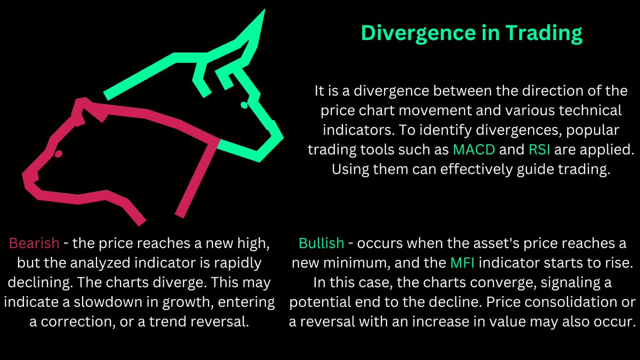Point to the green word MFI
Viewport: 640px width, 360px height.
tap(463, 262)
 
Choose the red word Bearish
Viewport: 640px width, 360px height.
tap(34, 244)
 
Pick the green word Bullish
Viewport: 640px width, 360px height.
tap(322, 244)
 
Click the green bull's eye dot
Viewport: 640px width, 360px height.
tap(244, 105)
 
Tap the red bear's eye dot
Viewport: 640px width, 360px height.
tap(58, 154)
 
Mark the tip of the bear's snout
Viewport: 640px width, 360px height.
tap(26, 175)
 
